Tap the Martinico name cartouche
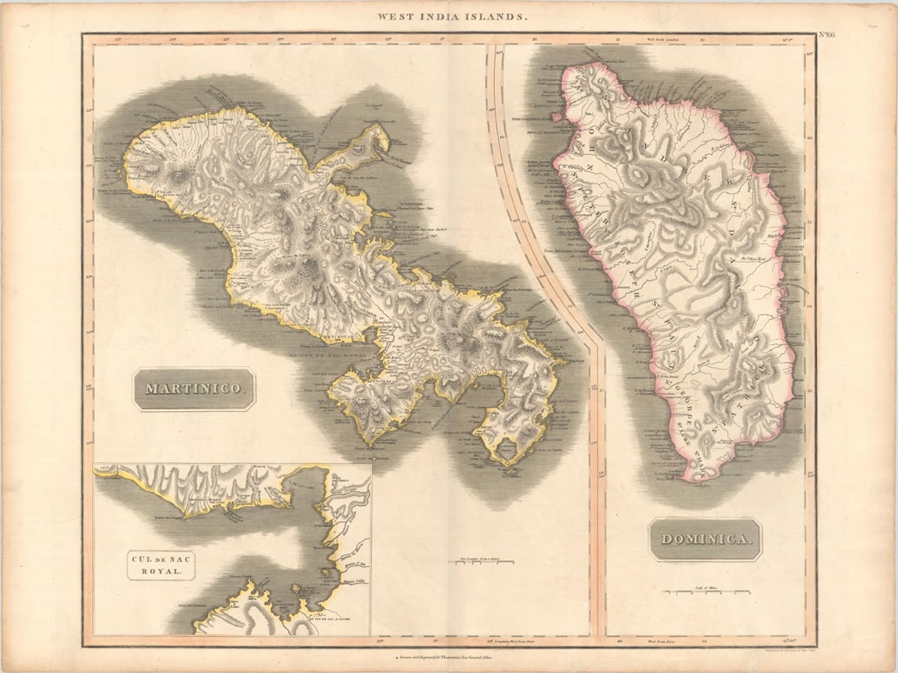tap(194, 389)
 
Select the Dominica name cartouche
tap(705, 539)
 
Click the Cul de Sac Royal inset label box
tap(161, 565)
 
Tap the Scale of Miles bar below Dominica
tap(703, 588)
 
